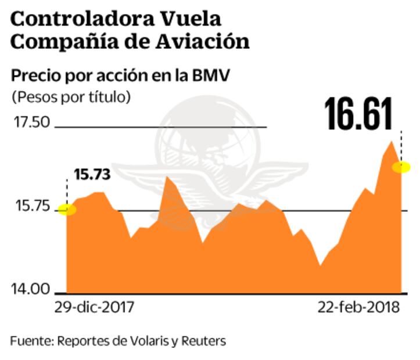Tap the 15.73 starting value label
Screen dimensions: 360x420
pyautogui.click(x=92, y=174)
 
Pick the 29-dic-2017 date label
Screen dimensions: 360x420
pyautogui.click(x=94, y=308)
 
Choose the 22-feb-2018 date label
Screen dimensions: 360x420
pyautogui.click(x=358, y=308)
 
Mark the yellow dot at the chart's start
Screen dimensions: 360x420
pyautogui.click(x=67, y=210)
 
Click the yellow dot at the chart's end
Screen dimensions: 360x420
pyautogui.click(x=401, y=167)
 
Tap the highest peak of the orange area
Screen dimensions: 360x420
pyautogui.click(x=392, y=141)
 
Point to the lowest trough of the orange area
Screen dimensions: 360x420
pyautogui.click(x=320, y=265)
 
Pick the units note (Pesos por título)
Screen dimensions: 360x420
pyautogui.click(x=70, y=96)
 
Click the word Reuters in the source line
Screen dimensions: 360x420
pyautogui.click(x=203, y=340)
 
